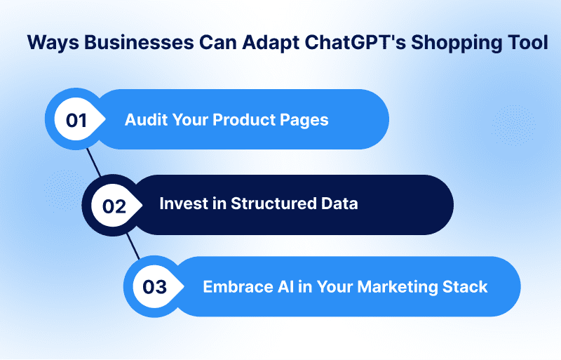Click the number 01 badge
(76, 119)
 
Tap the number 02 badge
(114, 205)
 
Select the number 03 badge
(155, 286)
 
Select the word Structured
(273, 204)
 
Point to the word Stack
(465, 287)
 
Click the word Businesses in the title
(139, 42)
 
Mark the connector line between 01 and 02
(94, 162)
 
